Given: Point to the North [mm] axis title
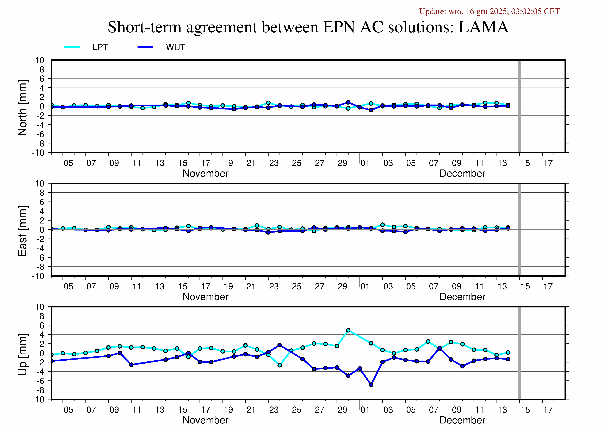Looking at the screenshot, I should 22,108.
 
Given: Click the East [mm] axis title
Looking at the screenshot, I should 22,231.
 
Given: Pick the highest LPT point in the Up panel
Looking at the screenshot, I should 348,330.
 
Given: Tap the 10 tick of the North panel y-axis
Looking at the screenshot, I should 40,60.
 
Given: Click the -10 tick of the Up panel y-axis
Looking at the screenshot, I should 38,400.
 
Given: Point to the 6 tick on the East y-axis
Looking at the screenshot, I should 42,202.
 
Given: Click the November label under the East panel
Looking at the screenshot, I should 206,297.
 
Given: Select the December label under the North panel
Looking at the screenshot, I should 462,173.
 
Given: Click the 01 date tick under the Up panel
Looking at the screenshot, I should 365,410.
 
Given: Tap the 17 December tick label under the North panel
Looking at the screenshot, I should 548,163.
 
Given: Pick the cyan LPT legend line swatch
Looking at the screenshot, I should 72,47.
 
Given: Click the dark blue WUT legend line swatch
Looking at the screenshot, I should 145,47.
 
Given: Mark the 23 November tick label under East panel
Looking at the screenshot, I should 274,287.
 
